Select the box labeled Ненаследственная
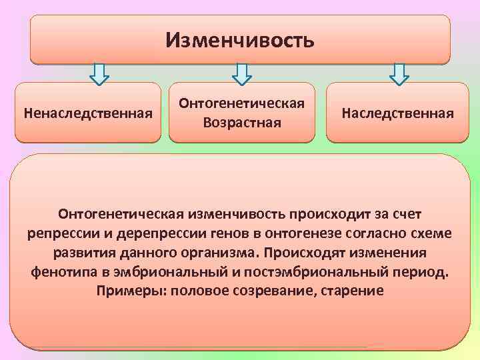click(x=88, y=113)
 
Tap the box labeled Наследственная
click(x=397, y=113)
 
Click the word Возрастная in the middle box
click(x=242, y=123)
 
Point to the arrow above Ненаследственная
click(x=99, y=74)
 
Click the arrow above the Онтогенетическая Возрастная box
click(x=241, y=74)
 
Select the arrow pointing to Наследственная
click(x=399, y=74)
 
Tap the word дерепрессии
click(x=145, y=234)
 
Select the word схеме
click(x=431, y=234)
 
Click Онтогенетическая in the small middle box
click(x=242, y=103)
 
